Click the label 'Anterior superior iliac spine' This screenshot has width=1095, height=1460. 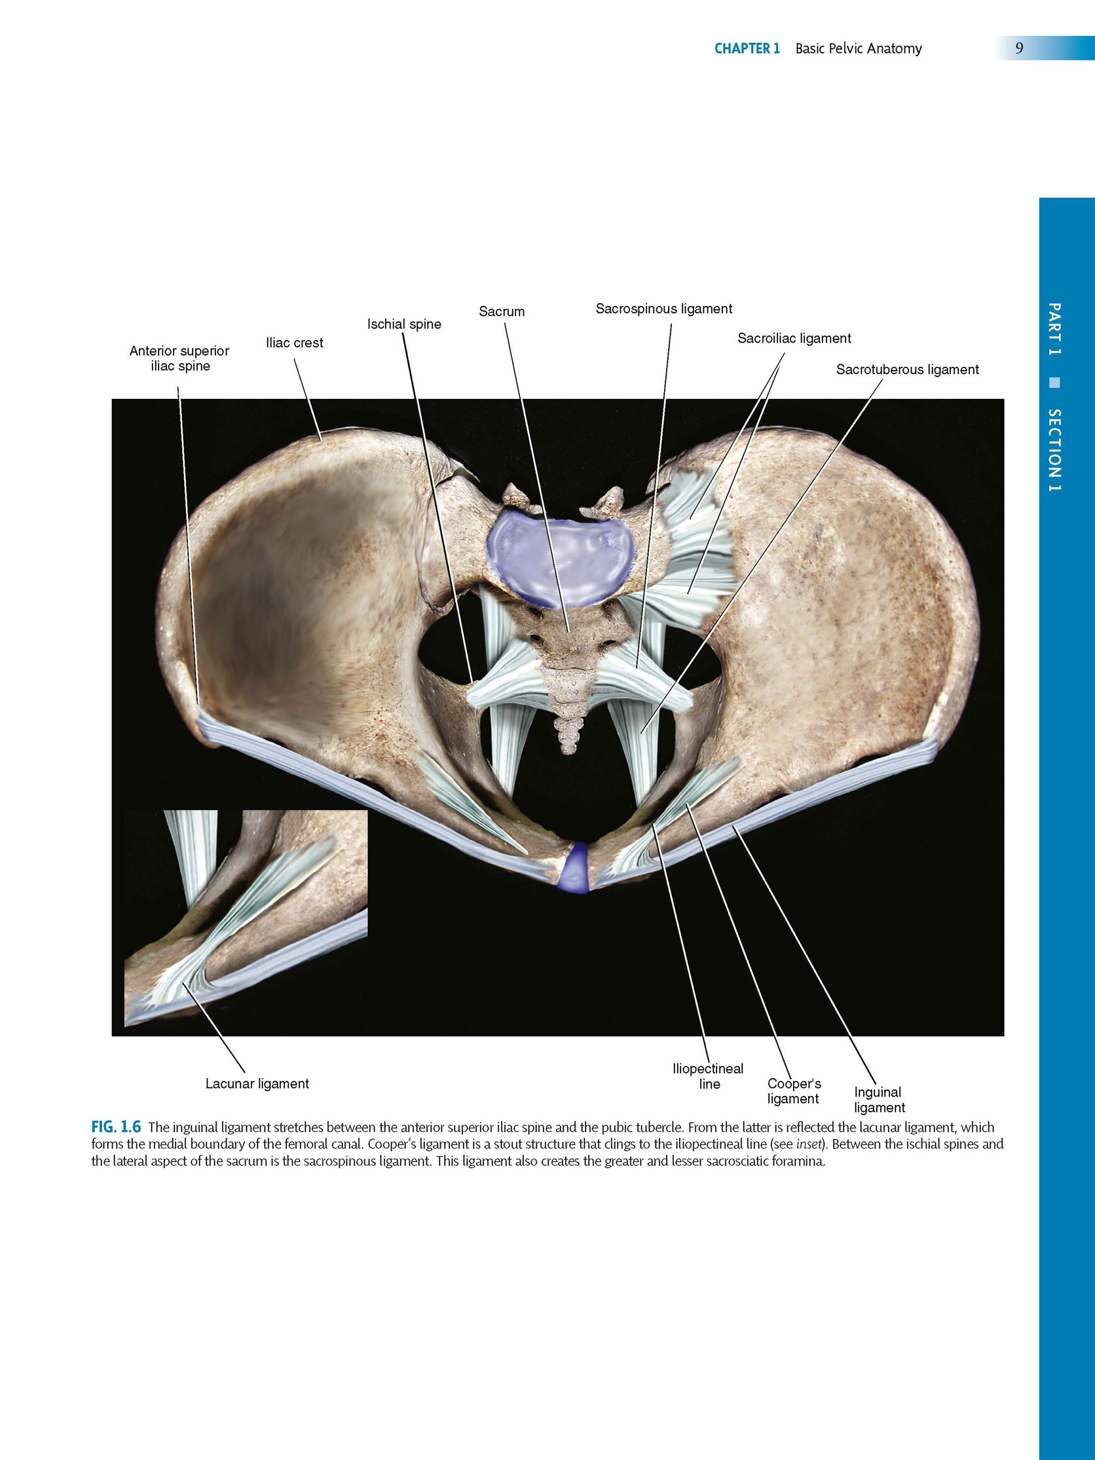pyautogui.click(x=179, y=358)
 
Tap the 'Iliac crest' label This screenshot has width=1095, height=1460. pyautogui.click(x=294, y=343)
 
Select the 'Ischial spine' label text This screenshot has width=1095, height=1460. pyautogui.click(x=404, y=324)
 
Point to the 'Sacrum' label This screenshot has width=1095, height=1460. pyautogui.click(x=502, y=312)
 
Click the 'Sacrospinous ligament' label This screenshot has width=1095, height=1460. pyautogui.click(x=663, y=309)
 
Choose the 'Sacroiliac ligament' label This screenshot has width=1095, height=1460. pyautogui.click(x=794, y=339)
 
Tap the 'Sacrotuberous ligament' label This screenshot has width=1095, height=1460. pyautogui.click(x=907, y=369)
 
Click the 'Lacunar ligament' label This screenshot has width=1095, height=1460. pyautogui.click(x=257, y=1084)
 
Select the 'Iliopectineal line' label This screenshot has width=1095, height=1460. pyautogui.click(x=707, y=1076)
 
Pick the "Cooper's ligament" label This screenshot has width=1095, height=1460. pyautogui.click(x=794, y=1091)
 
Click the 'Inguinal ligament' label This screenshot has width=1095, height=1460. pyautogui.click(x=879, y=1100)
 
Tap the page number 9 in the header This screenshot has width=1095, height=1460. pyautogui.click(x=1019, y=48)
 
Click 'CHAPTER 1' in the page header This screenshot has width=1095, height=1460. pyautogui.click(x=747, y=48)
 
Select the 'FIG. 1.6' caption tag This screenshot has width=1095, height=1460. pyautogui.click(x=116, y=1127)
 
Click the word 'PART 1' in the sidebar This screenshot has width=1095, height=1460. pyautogui.click(x=1055, y=329)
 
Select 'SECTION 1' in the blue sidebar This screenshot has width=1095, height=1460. pyautogui.click(x=1055, y=450)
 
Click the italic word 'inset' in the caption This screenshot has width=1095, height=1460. pyautogui.click(x=809, y=1144)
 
